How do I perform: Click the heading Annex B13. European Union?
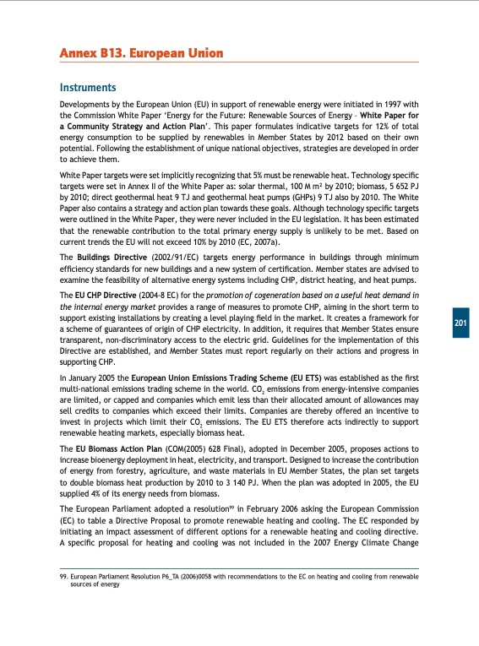[x=141, y=54]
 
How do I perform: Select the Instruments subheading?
[x=87, y=87]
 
